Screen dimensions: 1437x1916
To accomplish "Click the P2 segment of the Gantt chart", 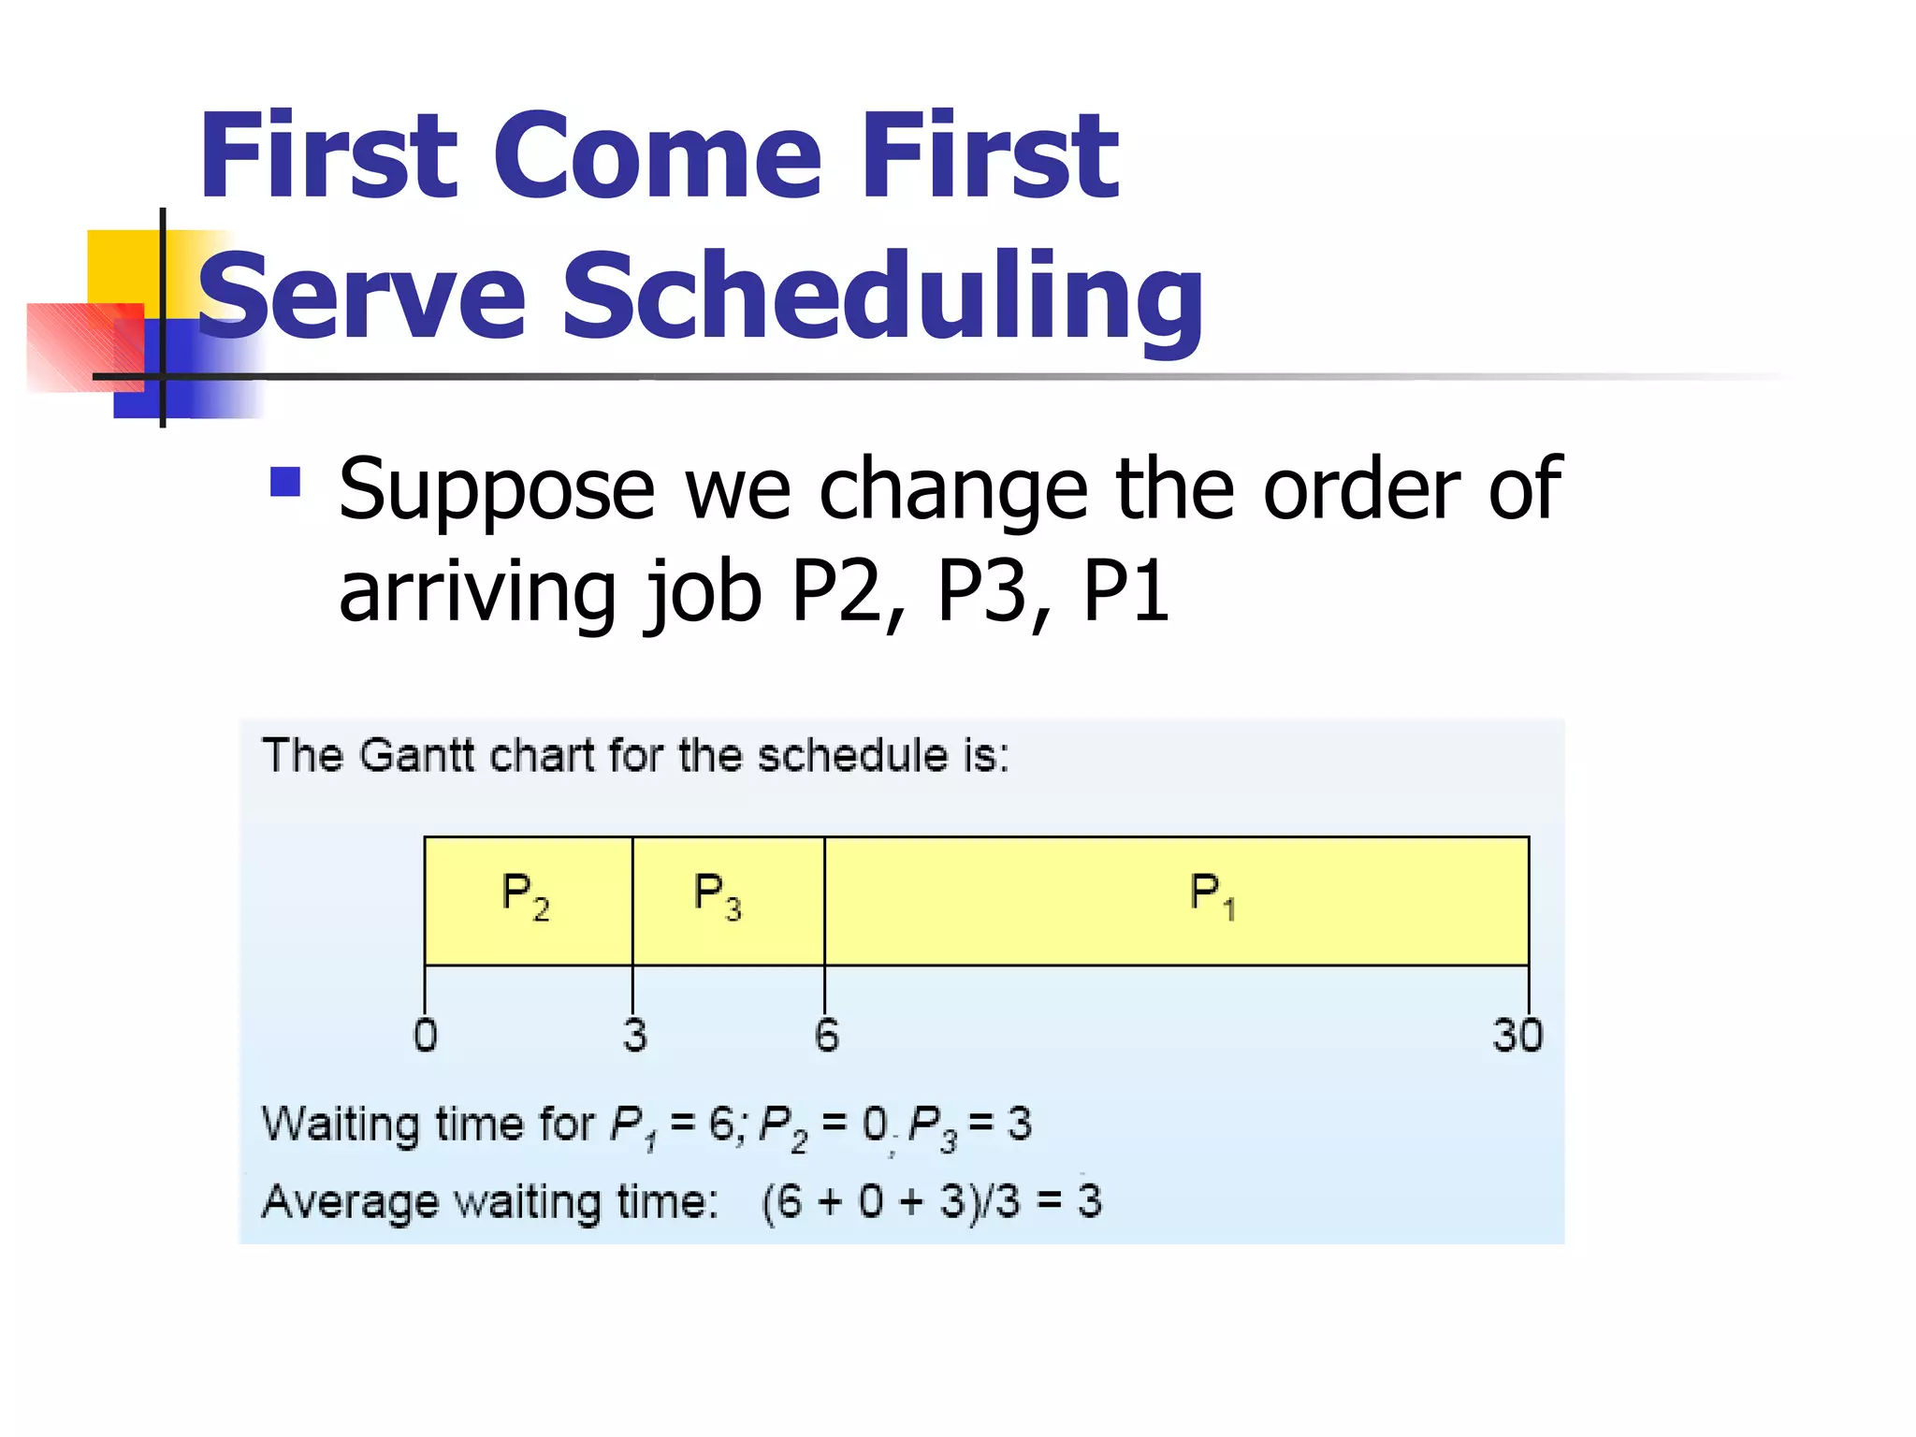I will [x=528, y=900].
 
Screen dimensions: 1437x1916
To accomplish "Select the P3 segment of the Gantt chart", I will [x=728, y=900].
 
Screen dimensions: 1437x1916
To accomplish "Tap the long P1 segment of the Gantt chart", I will [x=1176, y=900].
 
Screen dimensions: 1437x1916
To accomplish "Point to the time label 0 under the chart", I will [x=426, y=1036].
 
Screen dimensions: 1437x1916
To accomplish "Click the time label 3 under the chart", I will [x=635, y=1036].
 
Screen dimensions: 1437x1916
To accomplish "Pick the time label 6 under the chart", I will [x=826, y=1036].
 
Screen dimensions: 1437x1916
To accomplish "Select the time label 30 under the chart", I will [x=1517, y=1036].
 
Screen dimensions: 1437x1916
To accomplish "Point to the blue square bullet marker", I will [x=284, y=482].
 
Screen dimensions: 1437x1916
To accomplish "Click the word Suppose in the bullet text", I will [x=497, y=491].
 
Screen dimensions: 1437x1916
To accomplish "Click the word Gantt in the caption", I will [x=415, y=755].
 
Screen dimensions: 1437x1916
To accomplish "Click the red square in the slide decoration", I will [x=75, y=346].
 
